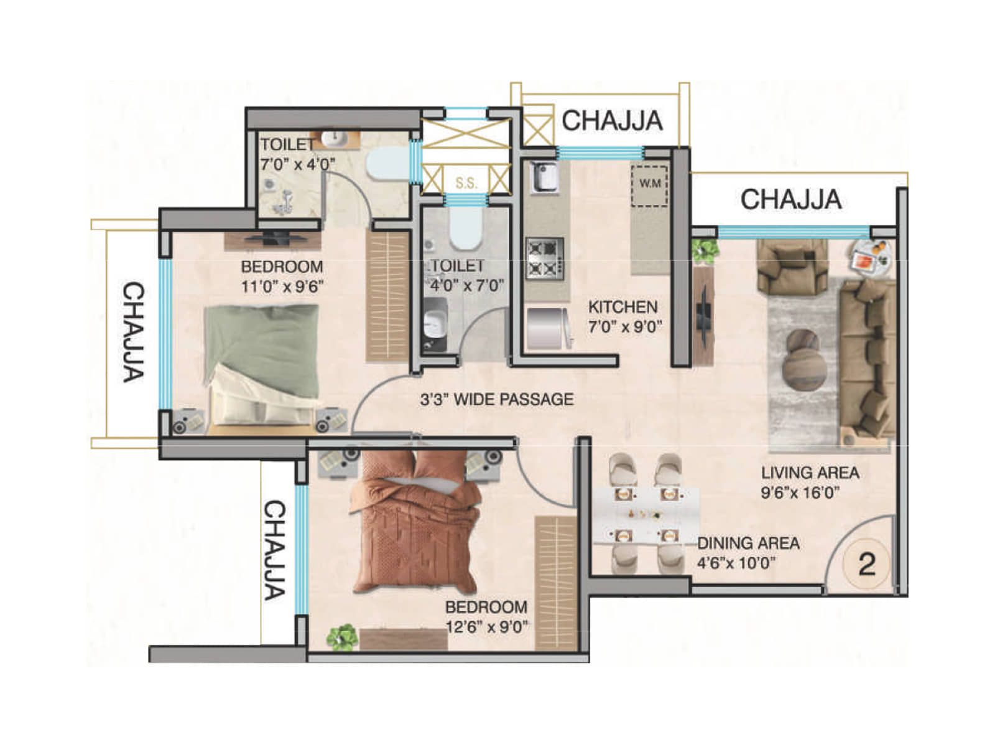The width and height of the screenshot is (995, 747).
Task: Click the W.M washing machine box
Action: pos(650,186)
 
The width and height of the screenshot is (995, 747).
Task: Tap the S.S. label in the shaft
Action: pos(466,183)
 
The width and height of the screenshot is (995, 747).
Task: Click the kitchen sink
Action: pos(542,177)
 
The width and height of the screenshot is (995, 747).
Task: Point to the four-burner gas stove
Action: pos(544,259)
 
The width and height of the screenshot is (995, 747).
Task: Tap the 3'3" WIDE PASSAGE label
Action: pos(496,399)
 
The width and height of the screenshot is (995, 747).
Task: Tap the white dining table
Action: pos(645,514)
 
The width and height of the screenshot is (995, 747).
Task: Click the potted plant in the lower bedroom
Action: pos(343,637)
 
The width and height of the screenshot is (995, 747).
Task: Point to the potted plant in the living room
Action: pos(705,252)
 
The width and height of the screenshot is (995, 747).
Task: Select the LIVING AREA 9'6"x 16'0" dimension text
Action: pos(810,482)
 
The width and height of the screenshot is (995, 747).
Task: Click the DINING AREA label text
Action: pos(748,543)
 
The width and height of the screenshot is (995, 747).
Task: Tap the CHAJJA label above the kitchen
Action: pos(613,121)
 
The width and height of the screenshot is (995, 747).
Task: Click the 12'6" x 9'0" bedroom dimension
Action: pos(487,627)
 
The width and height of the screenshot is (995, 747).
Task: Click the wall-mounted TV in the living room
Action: pos(703,315)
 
